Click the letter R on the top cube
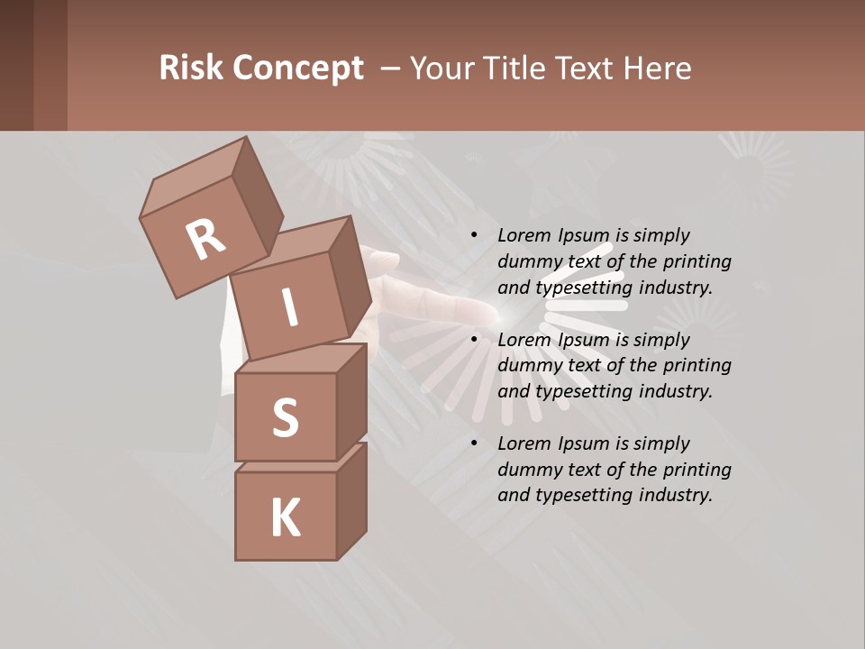(205, 239)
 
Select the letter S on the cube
(285, 417)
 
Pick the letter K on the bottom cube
(285, 518)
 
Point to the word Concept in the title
(296, 69)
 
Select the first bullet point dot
(474, 235)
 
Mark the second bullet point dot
(474, 340)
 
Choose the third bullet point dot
(474, 443)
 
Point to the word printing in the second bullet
(697, 365)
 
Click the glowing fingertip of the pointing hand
(501, 313)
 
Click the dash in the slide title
(391, 69)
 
